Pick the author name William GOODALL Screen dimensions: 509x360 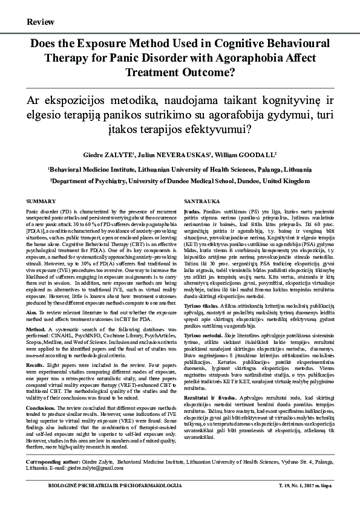[x=243, y=155]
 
